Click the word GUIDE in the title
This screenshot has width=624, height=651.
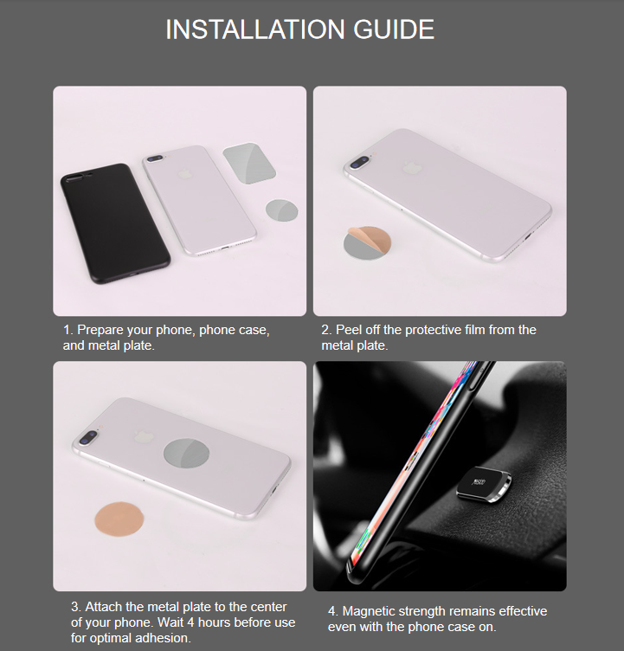[394, 29]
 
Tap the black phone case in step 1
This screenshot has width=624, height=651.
[115, 223]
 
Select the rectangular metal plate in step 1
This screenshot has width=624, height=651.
[249, 164]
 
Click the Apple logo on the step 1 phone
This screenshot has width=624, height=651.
[184, 173]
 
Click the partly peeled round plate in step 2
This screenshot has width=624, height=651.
[367, 243]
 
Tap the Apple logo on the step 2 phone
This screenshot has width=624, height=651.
[412, 167]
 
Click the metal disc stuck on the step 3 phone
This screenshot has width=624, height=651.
[186, 453]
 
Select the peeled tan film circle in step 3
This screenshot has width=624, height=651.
[119, 519]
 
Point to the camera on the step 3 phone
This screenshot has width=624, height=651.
[88, 437]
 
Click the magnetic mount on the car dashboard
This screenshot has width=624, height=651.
[484, 485]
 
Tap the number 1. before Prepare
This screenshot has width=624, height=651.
[68, 330]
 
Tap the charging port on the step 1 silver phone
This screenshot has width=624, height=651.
[224, 248]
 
